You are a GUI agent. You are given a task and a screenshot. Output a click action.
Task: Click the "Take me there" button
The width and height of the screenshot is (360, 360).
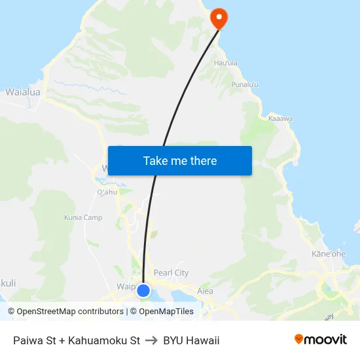coord(180,160)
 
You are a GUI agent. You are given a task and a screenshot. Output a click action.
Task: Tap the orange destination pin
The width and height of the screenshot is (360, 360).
coord(219,18)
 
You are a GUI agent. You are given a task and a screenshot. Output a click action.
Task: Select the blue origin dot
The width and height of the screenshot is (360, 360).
coord(143,290)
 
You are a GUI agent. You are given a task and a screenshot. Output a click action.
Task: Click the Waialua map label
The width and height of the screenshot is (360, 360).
coord(23,92)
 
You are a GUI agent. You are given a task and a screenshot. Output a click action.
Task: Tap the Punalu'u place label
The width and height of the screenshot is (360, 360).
coord(245,85)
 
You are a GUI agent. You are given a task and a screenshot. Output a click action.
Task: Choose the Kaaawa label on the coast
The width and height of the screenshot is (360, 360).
coord(280,118)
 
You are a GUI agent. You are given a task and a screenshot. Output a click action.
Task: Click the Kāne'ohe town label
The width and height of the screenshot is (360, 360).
coord(329,254)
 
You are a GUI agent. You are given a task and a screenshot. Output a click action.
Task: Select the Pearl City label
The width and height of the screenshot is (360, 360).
coord(171,272)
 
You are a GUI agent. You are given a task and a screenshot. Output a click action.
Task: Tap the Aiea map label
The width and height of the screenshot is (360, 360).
coord(205,291)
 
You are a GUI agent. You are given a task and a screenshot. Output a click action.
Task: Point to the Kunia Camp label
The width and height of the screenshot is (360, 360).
coord(83,217)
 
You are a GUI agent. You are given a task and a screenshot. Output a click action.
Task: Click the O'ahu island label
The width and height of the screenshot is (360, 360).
coord(107,192)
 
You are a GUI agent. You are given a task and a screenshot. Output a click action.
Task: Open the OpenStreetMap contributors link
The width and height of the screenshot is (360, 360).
coord(66,312)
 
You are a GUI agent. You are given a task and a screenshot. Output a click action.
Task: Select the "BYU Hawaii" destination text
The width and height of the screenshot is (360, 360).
coord(191,340)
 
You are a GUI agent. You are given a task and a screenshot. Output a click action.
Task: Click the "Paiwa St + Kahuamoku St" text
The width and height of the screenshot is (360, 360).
coord(77,340)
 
